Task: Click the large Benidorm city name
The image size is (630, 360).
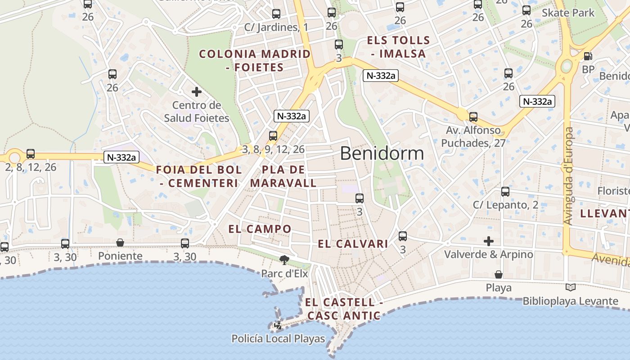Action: [382, 153]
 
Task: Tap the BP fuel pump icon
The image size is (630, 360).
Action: [588, 57]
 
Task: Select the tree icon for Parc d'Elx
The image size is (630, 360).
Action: [284, 259]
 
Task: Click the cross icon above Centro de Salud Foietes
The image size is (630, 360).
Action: [197, 92]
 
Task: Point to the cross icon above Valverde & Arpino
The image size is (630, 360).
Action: [489, 241]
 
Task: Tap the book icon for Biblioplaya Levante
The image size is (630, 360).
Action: [571, 287]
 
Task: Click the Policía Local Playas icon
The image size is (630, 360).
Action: [279, 325]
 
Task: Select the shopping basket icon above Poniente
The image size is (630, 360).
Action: [120, 243]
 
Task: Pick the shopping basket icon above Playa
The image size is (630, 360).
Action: [499, 274]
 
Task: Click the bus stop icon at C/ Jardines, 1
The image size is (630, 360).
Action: [276, 14]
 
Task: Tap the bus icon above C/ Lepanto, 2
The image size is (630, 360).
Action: [505, 192]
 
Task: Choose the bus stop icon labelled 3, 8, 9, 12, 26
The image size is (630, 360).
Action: [273, 135]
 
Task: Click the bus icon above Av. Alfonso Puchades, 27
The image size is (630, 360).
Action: [473, 117]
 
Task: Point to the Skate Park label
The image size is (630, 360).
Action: [568, 13]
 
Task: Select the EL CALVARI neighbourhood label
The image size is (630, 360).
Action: [353, 244]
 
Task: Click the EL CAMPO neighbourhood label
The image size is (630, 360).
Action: [260, 229]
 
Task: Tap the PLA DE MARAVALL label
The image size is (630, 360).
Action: [283, 176]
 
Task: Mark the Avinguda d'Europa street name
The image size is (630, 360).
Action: [569, 176]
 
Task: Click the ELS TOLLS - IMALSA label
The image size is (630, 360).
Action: [398, 47]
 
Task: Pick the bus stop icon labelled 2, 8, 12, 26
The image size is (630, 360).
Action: [31, 154]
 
